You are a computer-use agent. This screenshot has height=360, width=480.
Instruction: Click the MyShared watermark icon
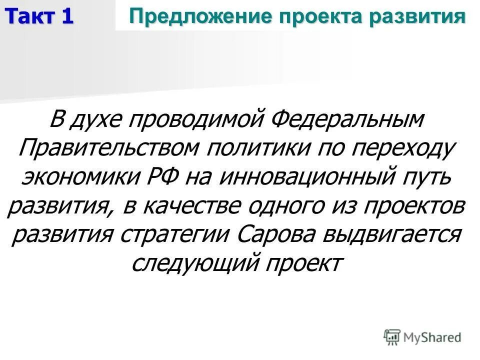(x=392, y=336)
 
